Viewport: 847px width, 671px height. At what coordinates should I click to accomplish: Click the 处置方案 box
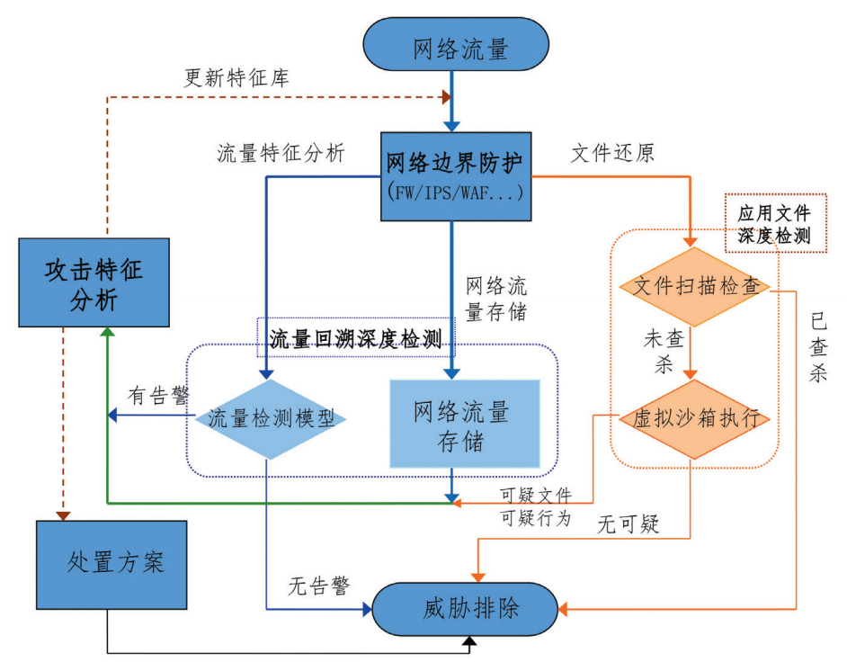coord(111,564)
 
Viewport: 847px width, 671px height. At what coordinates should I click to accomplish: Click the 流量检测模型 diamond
coord(271,418)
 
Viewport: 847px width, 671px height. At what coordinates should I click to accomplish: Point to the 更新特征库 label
coord(236,77)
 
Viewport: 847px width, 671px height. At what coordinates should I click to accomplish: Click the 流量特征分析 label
coord(281,153)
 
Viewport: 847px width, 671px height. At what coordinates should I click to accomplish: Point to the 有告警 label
coord(159,396)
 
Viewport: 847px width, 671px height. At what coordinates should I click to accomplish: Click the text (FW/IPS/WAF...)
coord(454,192)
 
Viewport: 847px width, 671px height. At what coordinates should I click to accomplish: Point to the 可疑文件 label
coord(535,496)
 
